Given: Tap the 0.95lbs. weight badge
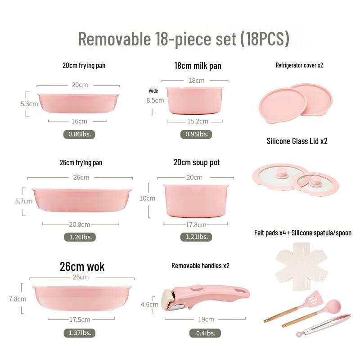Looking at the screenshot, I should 196,134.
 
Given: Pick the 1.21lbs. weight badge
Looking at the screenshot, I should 196,237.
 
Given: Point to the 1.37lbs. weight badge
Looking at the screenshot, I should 79,333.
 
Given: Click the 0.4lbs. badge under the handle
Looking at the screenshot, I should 205,333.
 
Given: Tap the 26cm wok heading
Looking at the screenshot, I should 82,266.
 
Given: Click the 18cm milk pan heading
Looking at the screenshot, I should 198,66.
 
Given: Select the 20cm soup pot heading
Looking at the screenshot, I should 197,162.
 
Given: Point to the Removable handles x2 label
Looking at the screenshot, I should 200,265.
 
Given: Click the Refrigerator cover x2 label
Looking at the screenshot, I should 299,65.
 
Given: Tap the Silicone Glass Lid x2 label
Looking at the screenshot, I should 297,141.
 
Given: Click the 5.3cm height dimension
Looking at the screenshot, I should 29,103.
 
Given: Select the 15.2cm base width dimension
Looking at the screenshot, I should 198,121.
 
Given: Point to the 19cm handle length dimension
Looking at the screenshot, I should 206,319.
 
